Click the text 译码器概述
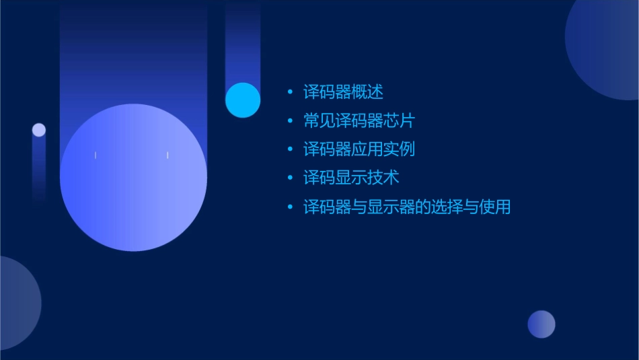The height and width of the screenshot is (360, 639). coord(343,92)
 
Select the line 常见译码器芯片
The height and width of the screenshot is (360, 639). coord(359,121)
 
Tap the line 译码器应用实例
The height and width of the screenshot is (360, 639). coord(359,149)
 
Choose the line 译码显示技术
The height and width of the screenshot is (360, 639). coord(351,178)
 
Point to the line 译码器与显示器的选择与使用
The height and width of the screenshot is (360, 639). coord(407,207)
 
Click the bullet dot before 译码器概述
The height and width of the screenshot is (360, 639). coord(290,92)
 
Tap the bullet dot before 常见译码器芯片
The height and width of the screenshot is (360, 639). coord(290,121)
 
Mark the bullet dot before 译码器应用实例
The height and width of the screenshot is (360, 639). coord(290,149)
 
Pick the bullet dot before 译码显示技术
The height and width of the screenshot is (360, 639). coord(290,178)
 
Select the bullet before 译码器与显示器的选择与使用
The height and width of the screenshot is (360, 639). coord(290,207)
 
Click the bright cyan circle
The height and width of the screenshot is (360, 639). coord(243,100)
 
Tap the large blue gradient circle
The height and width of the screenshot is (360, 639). coord(133,178)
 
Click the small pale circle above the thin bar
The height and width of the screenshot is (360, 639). coord(39,130)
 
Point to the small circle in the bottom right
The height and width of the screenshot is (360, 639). coord(541,324)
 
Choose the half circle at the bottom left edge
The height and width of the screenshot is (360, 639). coord(17,303)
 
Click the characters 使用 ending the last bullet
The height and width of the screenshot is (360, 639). coord(494,207)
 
